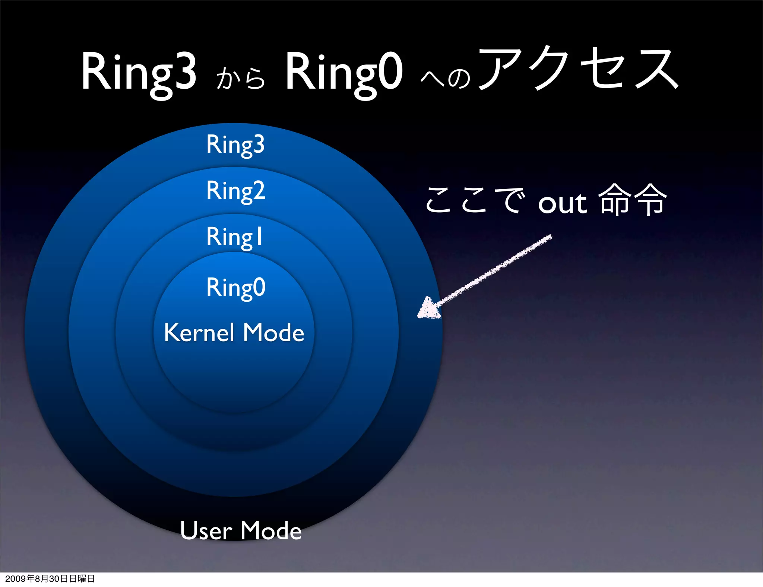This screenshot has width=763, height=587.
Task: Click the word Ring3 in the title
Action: pos(139,72)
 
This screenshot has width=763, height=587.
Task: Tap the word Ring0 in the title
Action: pos(343,72)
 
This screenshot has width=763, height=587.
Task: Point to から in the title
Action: pos(241,78)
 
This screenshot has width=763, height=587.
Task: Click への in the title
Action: pos(446,78)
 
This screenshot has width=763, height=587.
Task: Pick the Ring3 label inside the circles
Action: pos(235,145)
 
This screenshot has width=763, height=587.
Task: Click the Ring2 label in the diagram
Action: pos(236,191)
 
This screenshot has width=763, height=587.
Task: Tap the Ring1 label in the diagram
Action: pos(235,237)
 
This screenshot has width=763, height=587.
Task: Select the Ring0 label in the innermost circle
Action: pos(236,287)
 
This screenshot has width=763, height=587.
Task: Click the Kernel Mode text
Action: pos(234,332)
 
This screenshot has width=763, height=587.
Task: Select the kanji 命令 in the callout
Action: pos(632,200)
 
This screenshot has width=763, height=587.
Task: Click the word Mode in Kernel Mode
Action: pos(273,332)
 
